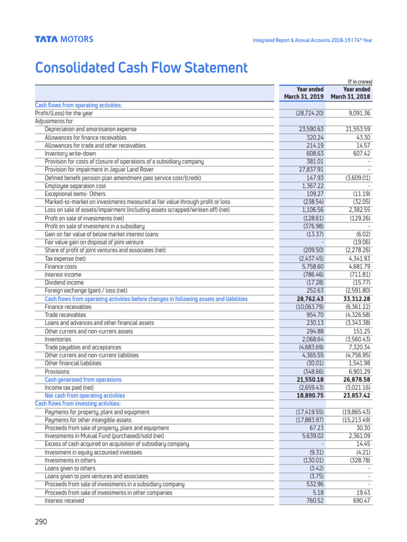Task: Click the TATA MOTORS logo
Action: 64,39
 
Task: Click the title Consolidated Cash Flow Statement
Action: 141,68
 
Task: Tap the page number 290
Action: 41,521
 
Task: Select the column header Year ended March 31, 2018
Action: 351,93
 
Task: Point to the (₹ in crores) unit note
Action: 360,82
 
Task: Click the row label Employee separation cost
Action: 75,186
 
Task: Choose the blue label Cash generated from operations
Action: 83,380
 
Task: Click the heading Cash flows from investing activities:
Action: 78,404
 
